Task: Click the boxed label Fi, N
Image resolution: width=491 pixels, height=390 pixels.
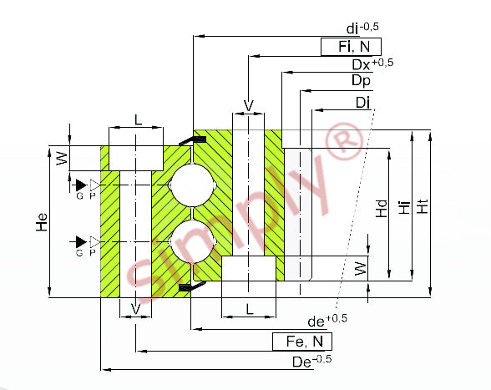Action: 351,47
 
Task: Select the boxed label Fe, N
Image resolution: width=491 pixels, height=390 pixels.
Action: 302,342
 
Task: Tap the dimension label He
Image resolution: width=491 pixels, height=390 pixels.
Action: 42,222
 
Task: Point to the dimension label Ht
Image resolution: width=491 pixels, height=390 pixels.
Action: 423,206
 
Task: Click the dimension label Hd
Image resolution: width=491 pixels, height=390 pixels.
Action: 382,209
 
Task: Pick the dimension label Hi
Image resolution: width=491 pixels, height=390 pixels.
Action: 404,207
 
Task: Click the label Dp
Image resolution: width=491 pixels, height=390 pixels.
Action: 361,80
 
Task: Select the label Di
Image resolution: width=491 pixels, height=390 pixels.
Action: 362,103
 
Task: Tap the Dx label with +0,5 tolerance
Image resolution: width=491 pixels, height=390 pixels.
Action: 372,64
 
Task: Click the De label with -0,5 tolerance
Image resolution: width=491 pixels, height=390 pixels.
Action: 312,361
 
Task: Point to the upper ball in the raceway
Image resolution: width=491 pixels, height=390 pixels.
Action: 192,185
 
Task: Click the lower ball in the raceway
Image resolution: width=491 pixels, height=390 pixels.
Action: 192,241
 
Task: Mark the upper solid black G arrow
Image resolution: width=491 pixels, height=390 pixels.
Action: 81,185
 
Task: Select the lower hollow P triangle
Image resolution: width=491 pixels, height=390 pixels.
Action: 95,242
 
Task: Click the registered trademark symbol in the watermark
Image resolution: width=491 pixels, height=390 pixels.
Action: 344,142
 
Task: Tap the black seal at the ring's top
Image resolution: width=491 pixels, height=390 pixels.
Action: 193,139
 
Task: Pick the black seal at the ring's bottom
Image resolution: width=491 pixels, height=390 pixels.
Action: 192,286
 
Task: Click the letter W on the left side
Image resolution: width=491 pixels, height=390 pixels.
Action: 62,159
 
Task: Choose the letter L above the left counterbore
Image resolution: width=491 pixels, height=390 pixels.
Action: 138,119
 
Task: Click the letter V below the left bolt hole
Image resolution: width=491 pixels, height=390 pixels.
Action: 135,309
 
